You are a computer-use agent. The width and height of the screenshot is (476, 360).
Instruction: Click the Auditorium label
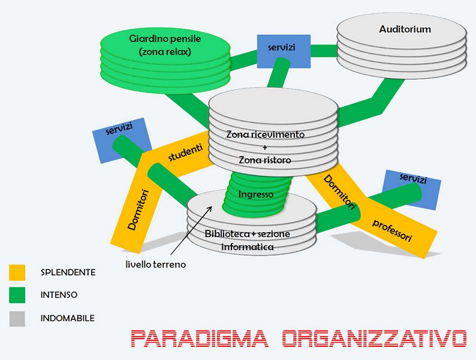pos(405,29)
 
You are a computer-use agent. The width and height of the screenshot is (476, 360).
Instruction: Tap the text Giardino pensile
pos(165,39)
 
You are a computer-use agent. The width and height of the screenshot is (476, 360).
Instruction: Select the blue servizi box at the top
pos(281,47)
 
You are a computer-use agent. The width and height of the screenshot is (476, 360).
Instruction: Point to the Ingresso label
pos(256,194)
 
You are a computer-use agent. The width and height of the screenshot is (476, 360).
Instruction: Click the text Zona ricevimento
pos(265,134)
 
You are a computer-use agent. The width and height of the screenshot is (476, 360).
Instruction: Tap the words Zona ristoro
pos(265,160)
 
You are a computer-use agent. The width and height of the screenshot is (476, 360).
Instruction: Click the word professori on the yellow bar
pos(392,231)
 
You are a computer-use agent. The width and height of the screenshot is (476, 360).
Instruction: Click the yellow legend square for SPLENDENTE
pos(17,272)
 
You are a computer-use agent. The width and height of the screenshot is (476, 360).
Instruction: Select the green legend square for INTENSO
pos(17,295)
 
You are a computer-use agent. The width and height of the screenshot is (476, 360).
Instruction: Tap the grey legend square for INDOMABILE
pos(17,319)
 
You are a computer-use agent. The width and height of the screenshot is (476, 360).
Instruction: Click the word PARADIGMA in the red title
pos(199,339)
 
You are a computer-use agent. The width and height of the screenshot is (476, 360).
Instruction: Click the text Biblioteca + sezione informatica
pos(247,239)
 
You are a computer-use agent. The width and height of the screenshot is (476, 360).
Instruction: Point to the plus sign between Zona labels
pos(264,148)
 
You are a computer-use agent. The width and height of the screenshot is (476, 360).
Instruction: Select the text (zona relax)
pos(164,52)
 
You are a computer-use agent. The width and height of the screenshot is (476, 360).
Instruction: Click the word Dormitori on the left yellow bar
pos(138,209)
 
